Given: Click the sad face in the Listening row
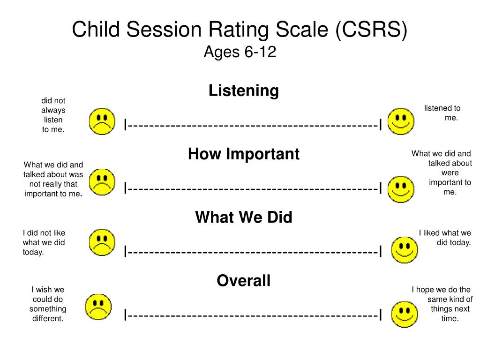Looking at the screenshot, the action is [102, 121].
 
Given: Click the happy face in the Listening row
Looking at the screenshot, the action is [401, 121].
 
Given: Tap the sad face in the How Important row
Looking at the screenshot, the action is [102, 182].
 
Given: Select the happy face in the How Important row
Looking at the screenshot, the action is [401, 189].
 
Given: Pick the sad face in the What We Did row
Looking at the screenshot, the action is [102, 242].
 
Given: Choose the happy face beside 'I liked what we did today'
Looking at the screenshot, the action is [405, 250].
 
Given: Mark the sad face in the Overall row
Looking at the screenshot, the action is [98, 307].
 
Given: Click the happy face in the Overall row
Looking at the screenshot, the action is [405, 315].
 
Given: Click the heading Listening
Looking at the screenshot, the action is [244, 91].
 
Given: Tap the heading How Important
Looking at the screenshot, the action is [244, 154].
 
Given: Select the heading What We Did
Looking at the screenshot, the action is [244, 217].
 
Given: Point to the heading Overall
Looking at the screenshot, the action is [244, 280].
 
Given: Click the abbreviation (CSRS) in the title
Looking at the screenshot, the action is [371, 30].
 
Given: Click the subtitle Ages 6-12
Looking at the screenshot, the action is [240, 52].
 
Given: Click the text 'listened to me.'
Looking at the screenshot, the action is [442, 112].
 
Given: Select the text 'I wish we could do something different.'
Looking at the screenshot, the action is [48, 304].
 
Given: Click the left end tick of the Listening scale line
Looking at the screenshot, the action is [125, 125].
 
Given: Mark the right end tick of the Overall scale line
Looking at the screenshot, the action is [381, 315].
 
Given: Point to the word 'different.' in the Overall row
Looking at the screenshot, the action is [48, 318].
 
